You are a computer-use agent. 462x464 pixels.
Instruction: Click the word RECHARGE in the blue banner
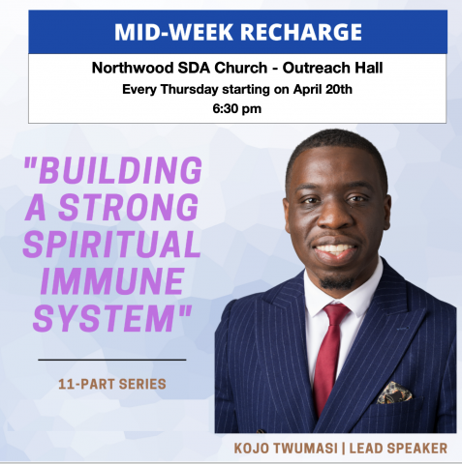[x=301, y=32]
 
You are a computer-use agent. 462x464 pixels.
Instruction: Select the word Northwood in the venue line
[x=133, y=68]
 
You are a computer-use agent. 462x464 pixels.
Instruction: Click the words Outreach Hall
[x=332, y=68]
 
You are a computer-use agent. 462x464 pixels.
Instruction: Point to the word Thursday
[x=189, y=89]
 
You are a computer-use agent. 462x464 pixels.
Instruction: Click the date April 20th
[x=323, y=89]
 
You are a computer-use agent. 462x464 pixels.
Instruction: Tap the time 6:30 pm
[x=236, y=108]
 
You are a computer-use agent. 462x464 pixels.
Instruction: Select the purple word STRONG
[x=129, y=207]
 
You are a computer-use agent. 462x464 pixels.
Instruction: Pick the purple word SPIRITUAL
[x=111, y=244]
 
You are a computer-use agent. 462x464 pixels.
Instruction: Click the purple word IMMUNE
[x=112, y=281]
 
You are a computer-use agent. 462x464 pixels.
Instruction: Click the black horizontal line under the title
[x=112, y=360]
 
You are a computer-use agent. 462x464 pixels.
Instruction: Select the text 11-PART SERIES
[x=112, y=384]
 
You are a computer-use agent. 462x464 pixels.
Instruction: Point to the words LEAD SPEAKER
[x=398, y=449]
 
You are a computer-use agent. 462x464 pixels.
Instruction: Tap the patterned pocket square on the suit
[x=394, y=392]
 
